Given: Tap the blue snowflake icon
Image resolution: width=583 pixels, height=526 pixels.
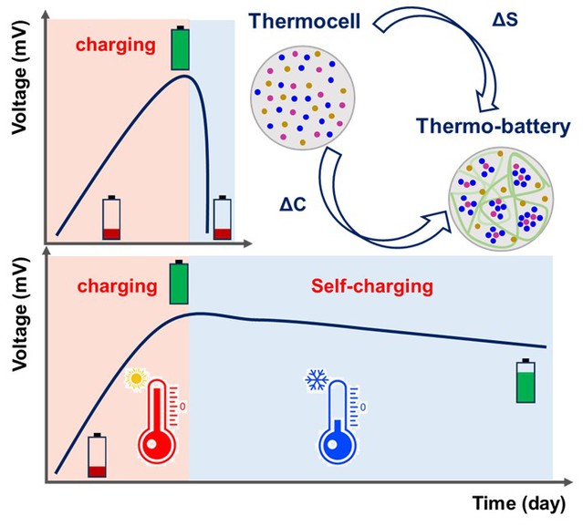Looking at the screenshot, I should pos(315,376).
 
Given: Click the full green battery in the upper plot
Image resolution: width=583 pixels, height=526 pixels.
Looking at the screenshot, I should pos(180,48).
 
